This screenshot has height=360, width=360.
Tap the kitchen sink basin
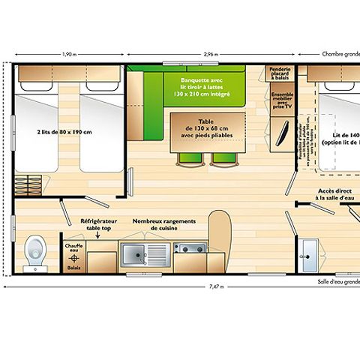tap(136, 255)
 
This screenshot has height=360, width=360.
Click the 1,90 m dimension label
tap(68, 54)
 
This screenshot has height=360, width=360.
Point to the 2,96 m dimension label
tap(212, 54)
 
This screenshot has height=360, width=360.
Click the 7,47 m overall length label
tap(216, 286)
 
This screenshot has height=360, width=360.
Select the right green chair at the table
tap(220, 158)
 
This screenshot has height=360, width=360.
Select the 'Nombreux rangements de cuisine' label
tap(164, 225)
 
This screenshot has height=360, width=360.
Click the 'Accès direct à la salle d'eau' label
tap(334, 195)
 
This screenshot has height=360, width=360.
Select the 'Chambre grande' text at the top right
tap(340, 54)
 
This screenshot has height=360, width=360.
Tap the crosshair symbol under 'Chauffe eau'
tap(74, 256)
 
